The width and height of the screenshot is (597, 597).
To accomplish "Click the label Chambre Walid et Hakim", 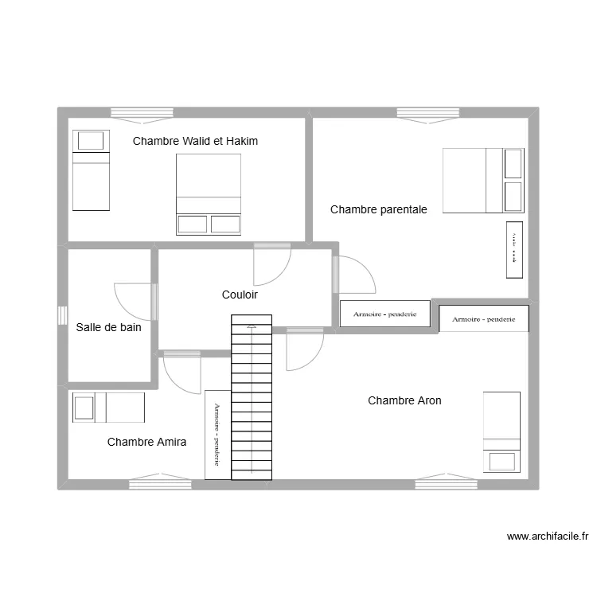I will pos(195,142).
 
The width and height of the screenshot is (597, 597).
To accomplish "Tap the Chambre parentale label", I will pos(379,210).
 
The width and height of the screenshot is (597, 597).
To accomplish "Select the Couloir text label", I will pos(240,295).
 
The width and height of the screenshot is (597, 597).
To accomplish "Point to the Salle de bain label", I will pos(109,327).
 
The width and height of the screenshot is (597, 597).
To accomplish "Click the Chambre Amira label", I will pos(146,442).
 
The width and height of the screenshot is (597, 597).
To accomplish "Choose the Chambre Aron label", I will pos(404,401).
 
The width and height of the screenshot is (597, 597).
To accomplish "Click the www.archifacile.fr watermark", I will pos(548,537).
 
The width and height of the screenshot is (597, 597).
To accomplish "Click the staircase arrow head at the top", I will pos(252,325).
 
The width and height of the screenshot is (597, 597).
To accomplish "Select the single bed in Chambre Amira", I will pos(108,408).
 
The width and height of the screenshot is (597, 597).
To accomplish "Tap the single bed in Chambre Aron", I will pos(501,432).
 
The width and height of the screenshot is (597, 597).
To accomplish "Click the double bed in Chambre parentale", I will pos(483,181).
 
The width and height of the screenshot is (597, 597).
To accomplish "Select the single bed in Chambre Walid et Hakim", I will pos(91,170).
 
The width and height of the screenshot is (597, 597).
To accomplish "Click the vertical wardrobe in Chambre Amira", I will pos(217,434).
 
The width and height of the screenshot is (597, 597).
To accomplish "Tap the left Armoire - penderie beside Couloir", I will pos(385,314).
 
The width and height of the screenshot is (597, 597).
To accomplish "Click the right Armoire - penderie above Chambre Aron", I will pos(483,319).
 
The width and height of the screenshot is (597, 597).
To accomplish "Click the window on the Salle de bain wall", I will pos(61,315).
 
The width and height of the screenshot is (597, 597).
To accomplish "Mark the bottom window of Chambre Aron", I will pos(446,482).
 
